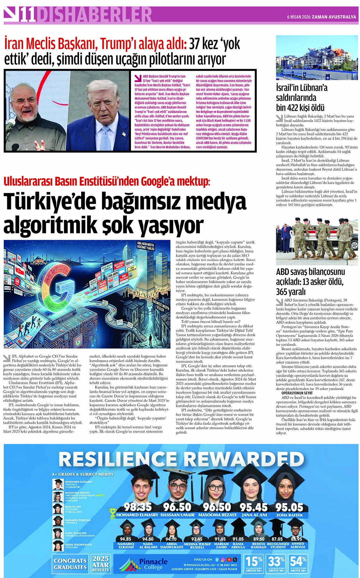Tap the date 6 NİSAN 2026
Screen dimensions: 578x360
click(299, 17)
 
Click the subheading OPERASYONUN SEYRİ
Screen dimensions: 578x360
click(297, 393)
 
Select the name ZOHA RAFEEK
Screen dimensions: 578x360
click(289, 515)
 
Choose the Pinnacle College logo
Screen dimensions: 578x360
click(144, 564)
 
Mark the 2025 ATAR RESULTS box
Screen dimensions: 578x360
click(100, 564)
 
